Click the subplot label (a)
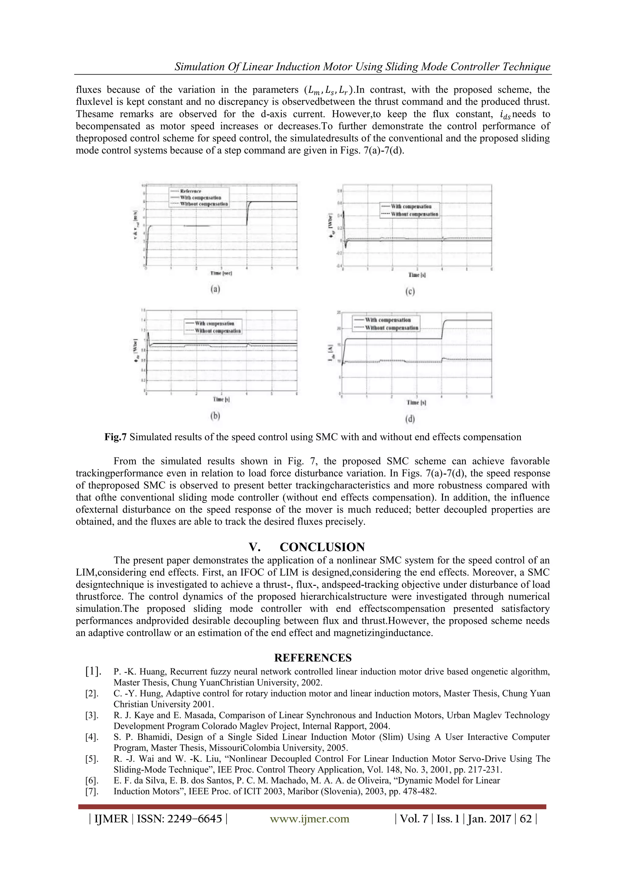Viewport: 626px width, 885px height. pos(215,289)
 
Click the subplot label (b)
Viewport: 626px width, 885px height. pos(215,416)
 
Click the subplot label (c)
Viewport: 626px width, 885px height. pos(410,292)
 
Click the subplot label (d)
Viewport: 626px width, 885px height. pos(411,419)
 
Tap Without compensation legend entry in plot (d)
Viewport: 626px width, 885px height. pos(391,328)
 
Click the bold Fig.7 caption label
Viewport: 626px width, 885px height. pos(115,437)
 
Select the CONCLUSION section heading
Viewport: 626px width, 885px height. pos(322,547)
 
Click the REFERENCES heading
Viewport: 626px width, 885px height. pos(313,657)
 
